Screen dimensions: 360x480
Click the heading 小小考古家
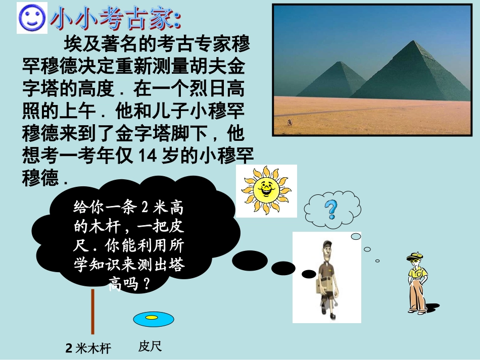tap(115, 20)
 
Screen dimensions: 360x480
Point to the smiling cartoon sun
tap(266, 190)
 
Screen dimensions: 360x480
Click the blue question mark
tap(331, 209)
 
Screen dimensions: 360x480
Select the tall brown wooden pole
tap(92, 311)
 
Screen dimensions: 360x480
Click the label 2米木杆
tap(88, 348)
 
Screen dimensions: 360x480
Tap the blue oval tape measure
tap(153, 319)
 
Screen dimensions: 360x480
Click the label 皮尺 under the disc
tap(150, 347)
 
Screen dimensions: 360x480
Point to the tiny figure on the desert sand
tap(290, 123)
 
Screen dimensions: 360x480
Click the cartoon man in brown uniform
tap(327, 278)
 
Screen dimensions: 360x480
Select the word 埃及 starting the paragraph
tap(75, 44)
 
